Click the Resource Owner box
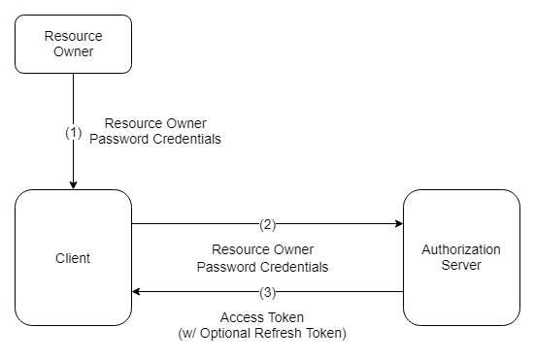pyautogui.click(x=74, y=44)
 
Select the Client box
pyautogui.click(x=74, y=258)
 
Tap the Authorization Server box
pyautogui.click(x=461, y=258)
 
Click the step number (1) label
pyautogui.click(x=74, y=133)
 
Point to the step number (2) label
pyautogui.click(x=268, y=225)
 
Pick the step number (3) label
pyautogui.click(x=268, y=292)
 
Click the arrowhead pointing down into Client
pyautogui.click(x=74, y=185)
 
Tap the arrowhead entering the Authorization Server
pyautogui.click(x=399, y=223)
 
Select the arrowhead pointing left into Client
pyautogui.click(x=136, y=291)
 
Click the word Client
pyautogui.click(x=73, y=258)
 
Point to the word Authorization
pyautogui.click(x=461, y=249)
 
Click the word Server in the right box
pyautogui.click(x=461, y=265)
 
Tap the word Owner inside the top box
pyautogui.click(x=74, y=51)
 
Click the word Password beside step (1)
pyautogui.click(x=119, y=139)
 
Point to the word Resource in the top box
pyautogui.click(x=74, y=36)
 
